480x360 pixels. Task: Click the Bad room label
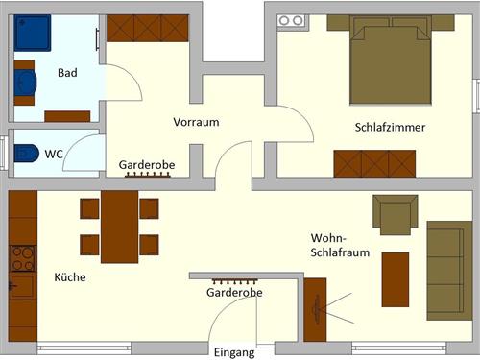(x=67, y=72)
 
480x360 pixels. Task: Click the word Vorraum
(x=197, y=123)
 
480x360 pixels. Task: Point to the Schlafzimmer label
(x=390, y=128)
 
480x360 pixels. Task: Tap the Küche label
(x=70, y=277)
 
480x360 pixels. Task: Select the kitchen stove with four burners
(x=23, y=258)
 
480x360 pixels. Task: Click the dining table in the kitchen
(x=119, y=227)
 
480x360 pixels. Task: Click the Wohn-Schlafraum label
(x=339, y=245)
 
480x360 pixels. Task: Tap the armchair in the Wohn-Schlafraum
(x=396, y=215)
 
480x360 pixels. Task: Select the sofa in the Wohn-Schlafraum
(x=448, y=256)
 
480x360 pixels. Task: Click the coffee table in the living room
(x=396, y=279)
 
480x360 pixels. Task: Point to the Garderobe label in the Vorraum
(x=147, y=165)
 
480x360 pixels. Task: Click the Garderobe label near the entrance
(x=235, y=292)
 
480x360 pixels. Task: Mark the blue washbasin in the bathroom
(x=25, y=83)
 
